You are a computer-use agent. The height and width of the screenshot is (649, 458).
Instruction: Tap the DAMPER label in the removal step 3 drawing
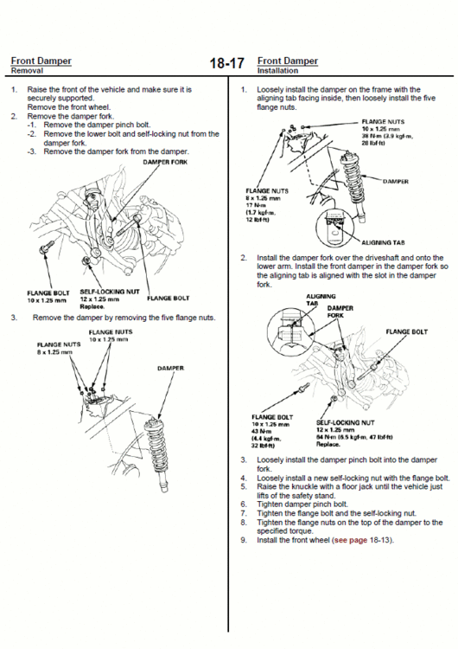(x=169, y=369)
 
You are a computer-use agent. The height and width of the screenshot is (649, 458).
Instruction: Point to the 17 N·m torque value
(x=256, y=204)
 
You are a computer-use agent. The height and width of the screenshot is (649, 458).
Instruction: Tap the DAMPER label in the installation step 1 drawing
(x=395, y=182)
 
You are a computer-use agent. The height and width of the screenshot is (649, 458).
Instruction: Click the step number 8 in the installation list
(x=244, y=522)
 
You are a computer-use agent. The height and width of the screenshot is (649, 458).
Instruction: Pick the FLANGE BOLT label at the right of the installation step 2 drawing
(x=405, y=331)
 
